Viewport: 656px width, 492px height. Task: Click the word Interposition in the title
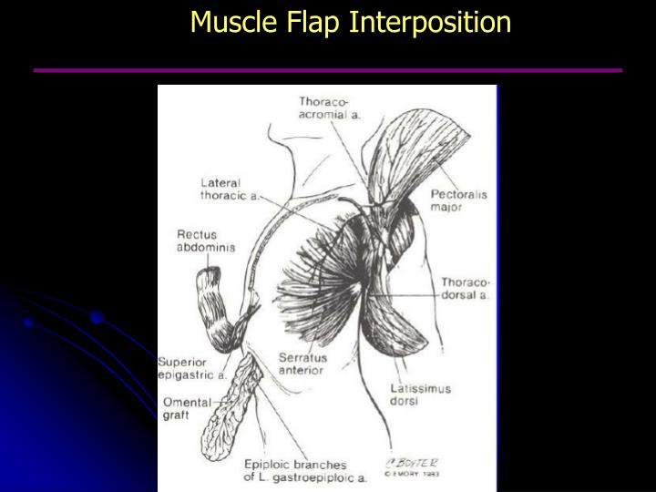(432, 21)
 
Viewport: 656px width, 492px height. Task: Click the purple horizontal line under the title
(328, 70)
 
